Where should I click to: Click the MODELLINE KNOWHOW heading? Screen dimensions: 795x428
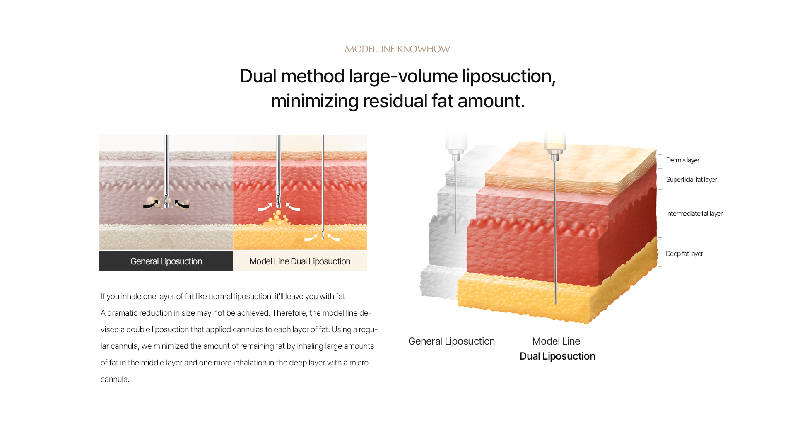pyautogui.click(x=397, y=49)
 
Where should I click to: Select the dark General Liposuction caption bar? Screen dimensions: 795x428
pyautogui.click(x=166, y=261)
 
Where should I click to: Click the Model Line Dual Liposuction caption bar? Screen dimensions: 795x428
pyautogui.click(x=300, y=261)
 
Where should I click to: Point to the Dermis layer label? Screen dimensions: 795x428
pyautogui.click(x=682, y=160)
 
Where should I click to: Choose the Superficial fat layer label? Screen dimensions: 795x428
pyautogui.click(x=691, y=179)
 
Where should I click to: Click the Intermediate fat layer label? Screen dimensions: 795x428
pyautogui.click(x=694, y=213)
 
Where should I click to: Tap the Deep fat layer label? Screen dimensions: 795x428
pyautogui.click(x=684, y=254)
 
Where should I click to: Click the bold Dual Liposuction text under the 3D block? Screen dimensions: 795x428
pyautogui.click(x=557, y=356)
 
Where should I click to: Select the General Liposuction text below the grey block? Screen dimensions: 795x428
pyautogui.click(x=451, y=341)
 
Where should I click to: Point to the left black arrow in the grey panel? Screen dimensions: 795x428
pyautogui.click(x=151, y=204)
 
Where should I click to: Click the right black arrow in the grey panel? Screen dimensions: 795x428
pyautogui.click(x=182, y=204)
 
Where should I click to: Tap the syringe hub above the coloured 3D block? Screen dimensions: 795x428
pyautogui.click(x=555, y=155)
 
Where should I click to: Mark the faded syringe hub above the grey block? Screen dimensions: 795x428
pyautogui.click(x=456, y=155)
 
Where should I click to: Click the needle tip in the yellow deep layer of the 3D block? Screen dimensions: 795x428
pyautogui.click(x=556, y=303)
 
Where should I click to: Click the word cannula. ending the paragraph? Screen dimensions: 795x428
pyautogui.click(x=115, y=379)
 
